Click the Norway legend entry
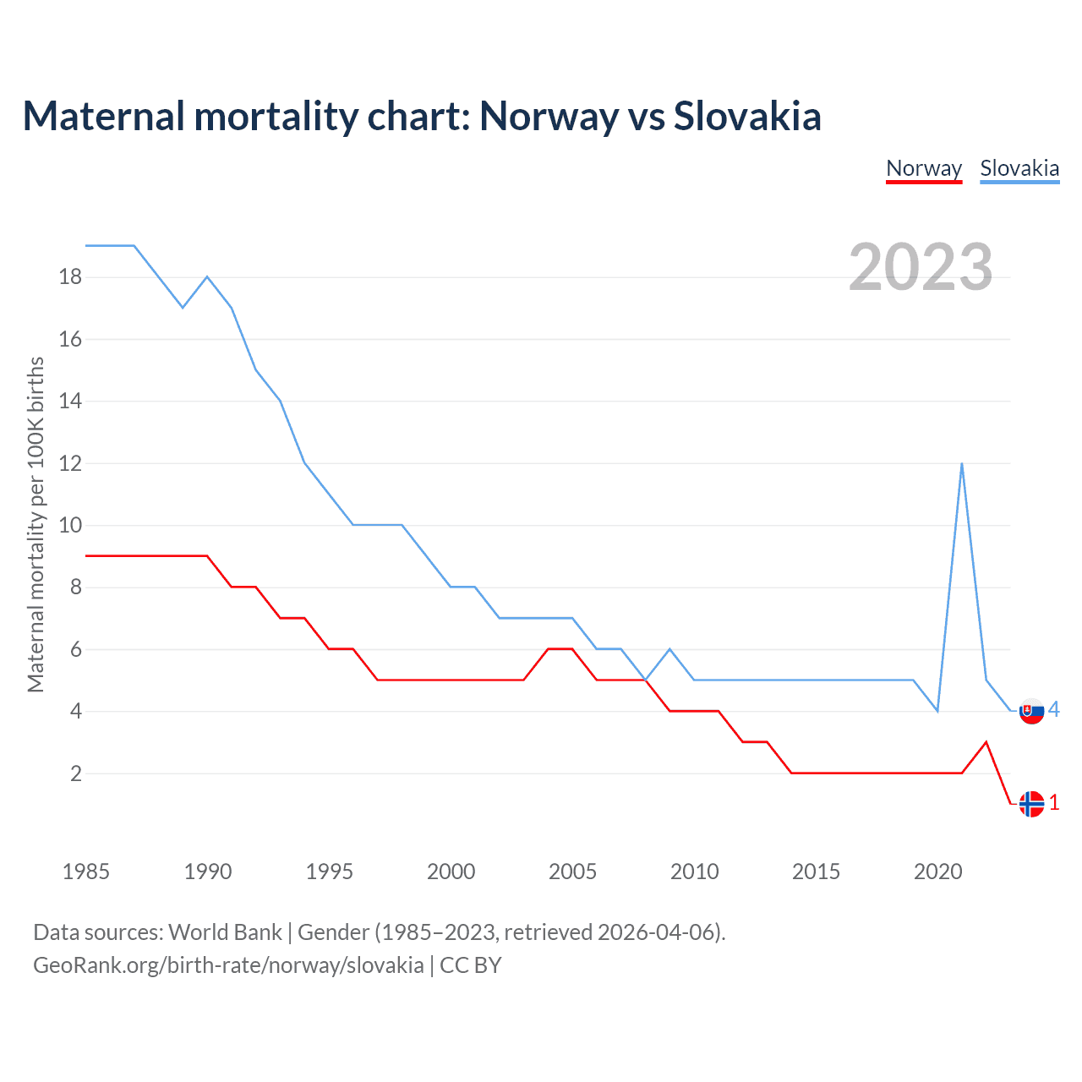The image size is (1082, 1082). pyautogui.click(x=924, y=168)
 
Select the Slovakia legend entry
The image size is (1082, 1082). pyautogui.click(x=1019, y=168)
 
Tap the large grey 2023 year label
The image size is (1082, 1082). pyautogui.click(x=921, y=267)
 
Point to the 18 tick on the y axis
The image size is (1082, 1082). pyautogui.click(x=70, y=276)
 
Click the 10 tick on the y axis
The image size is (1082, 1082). pyautogui.click(x=70, y=525)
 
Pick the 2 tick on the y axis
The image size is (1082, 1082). pyautogui.click(x=76, y=773)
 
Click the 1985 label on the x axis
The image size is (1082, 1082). pyautogui.click(x=85, y=872)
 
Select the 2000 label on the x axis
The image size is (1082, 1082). pyautogui.click(x=451, y=872)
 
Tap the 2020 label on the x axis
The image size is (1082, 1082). pyautogui.click(x=937, y=872)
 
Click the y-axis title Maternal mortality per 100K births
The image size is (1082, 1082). pyautogui.click(x=36, y=525)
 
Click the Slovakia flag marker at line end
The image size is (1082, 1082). pyautogui.click(x=1031, y=711)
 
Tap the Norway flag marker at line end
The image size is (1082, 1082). pyautogui.click(x=1031, y=804)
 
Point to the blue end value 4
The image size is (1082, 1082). pyautogui.click(x=1054, y=710)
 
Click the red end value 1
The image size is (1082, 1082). pyautogui.click(x=1054, y=803)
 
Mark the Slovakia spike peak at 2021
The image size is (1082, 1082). pyautogui.click(x=962, y=463)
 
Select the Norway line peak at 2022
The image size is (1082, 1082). pyautogui.click(x=986, y=742)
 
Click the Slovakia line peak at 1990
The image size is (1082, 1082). pyautogui.click(x=207, y=276)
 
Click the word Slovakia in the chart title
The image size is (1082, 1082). pyautogui.click(x=747, y=116)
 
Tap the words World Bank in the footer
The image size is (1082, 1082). pyautogui.click(x=225, y=932)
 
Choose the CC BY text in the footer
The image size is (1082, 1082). pyautogui.click(x=471, y=965)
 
